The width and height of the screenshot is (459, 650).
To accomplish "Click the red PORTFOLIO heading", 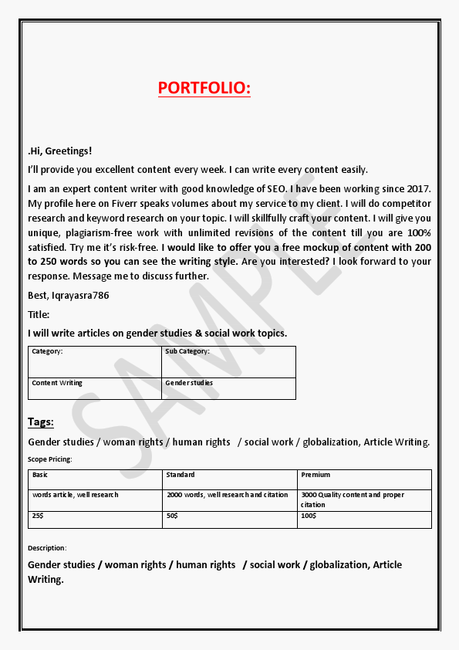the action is pos(204,88).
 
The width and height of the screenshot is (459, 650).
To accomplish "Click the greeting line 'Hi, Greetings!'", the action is pos(60,151).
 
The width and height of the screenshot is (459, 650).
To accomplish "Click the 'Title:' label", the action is pos(39,314).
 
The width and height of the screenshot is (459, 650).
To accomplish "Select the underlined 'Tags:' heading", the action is pos(41,421).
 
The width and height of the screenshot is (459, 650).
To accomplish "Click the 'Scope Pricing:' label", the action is pos(50,459).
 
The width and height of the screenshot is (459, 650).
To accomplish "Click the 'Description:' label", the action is pos(48,548).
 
